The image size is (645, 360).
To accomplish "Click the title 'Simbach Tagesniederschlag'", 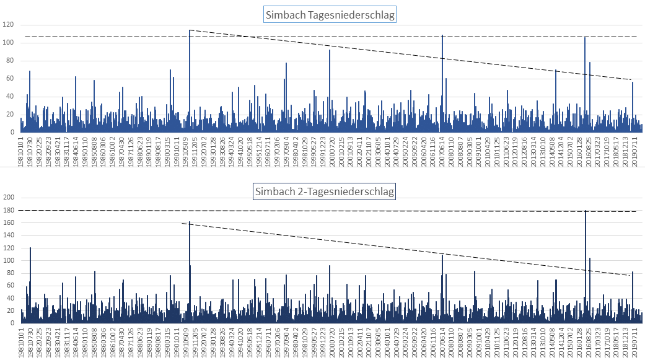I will [330, 15].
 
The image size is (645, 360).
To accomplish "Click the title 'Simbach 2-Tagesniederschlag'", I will [323, 191].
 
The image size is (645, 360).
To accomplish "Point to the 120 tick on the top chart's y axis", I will [9, 25].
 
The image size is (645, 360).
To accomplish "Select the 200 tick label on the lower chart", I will [9, 198].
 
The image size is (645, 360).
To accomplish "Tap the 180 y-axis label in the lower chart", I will [9, 210].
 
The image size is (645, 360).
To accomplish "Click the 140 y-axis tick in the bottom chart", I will [9, 235].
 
